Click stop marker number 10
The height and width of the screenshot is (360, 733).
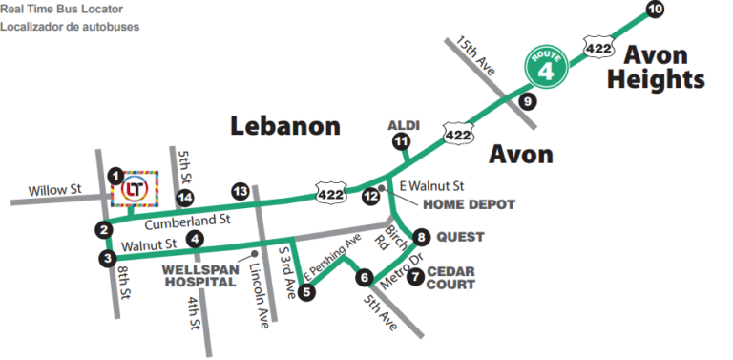tap(655, 10)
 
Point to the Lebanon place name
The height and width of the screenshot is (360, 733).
tap(285, 126)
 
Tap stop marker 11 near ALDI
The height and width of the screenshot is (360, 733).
tap(400, 141)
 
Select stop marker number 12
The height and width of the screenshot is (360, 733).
tap(370, 195)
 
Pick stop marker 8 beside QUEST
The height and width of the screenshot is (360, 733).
tap(422, 236)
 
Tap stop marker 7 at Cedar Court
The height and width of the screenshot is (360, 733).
tap(415, 278)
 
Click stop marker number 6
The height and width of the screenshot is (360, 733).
tap(364, 278)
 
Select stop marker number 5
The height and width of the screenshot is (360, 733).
tap(306, 292)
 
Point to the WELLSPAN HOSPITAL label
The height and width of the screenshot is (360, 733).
tap(199, 276)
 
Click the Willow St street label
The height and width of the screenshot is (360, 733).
tap(54, 190)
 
